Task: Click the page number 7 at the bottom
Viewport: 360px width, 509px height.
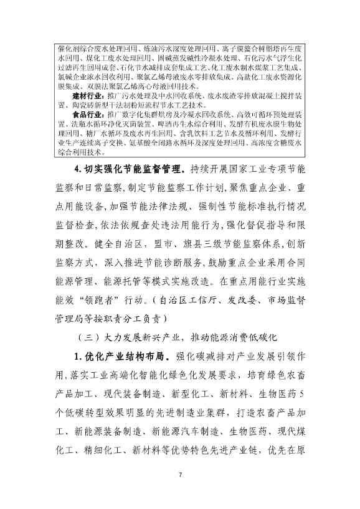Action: tap(179, 475)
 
